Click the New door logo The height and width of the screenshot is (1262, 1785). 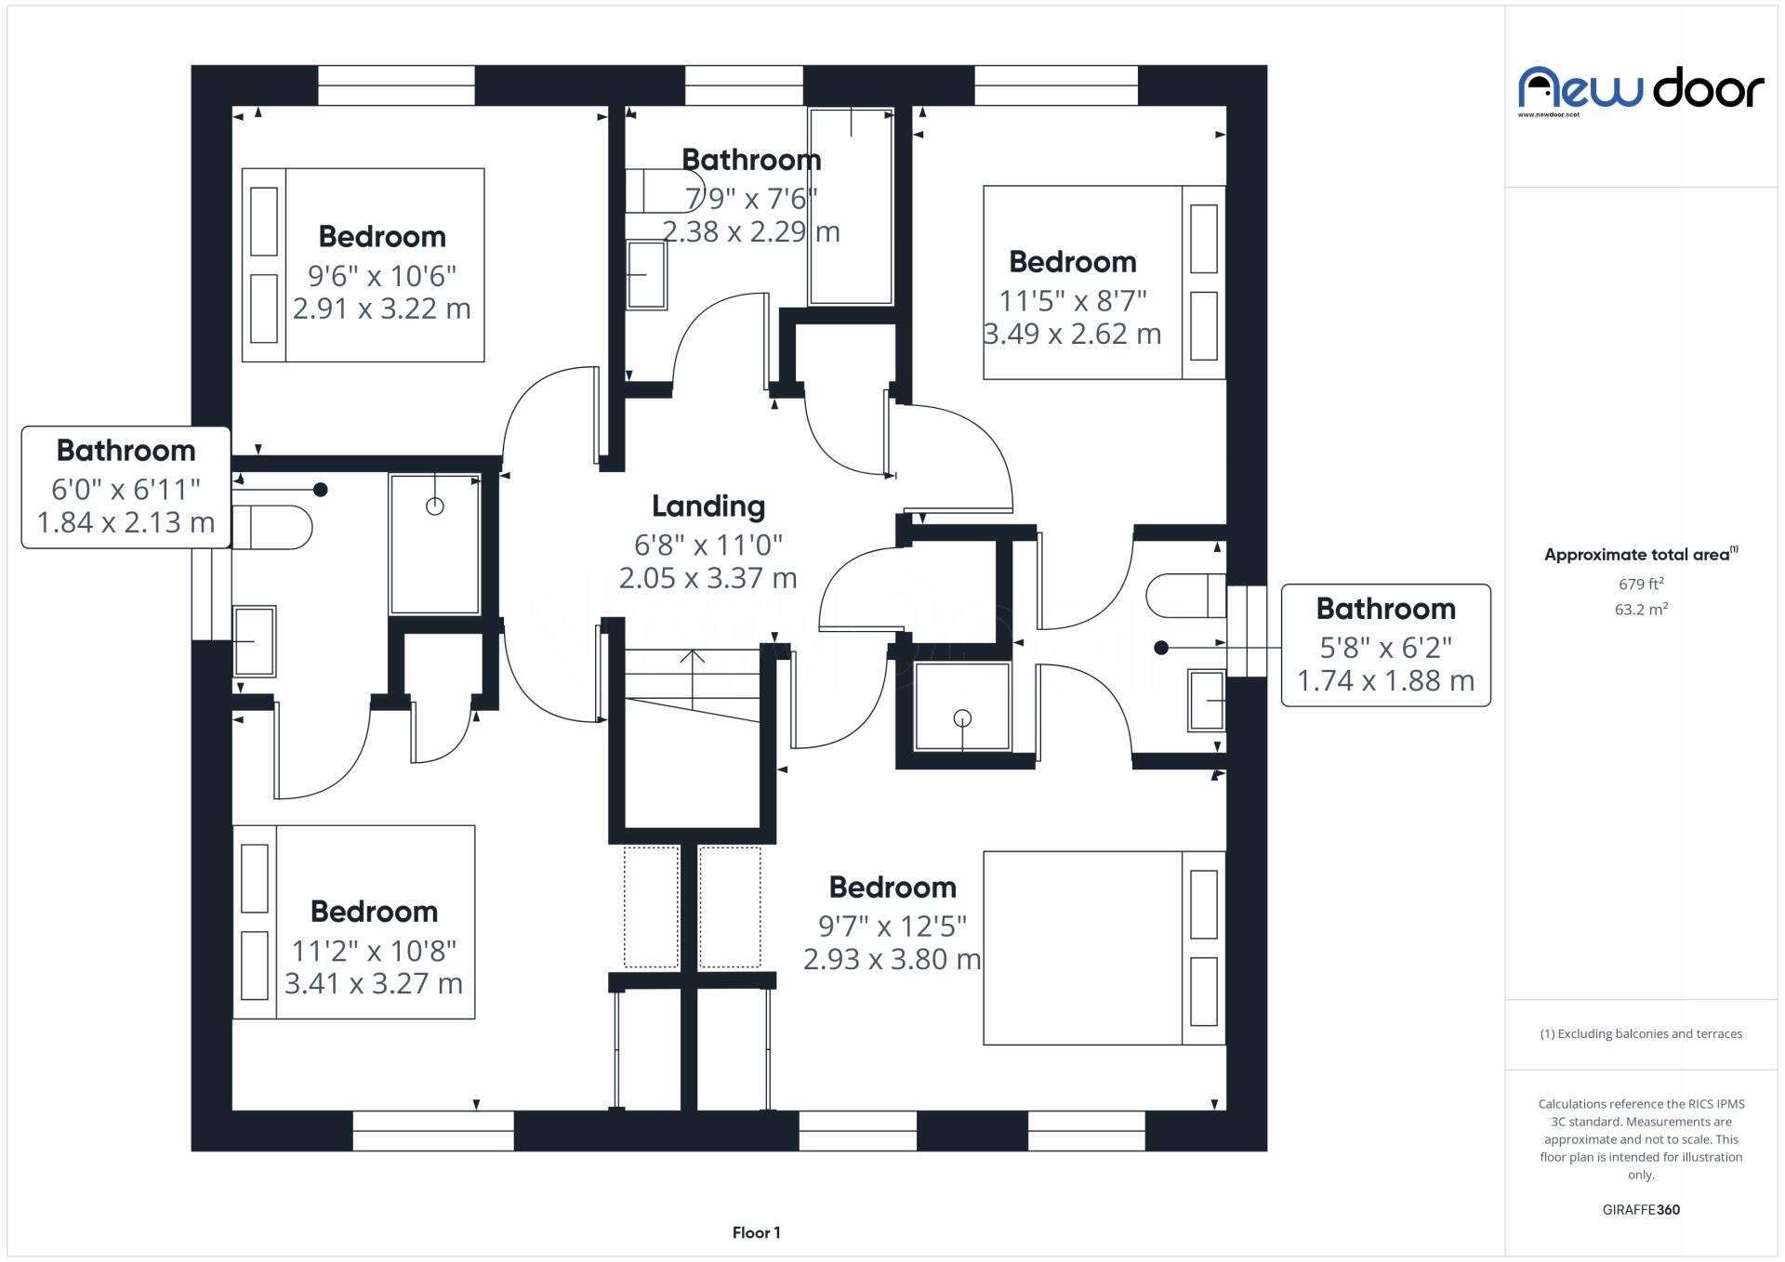tap(1641, 90)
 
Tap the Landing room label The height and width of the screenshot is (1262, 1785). tap(708, 506)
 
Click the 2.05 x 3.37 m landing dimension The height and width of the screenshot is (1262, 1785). tap(708, 578)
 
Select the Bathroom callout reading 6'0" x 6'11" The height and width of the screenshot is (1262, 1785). tap(126, 487)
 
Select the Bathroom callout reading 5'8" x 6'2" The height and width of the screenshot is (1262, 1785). tap(1385, 645)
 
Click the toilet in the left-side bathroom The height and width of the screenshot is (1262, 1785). tap(272, 527)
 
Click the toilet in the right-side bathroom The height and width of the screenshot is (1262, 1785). tap(1185, 596)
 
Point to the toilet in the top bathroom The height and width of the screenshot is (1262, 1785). tap(654, 191)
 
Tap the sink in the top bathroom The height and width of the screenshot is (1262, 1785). tap(646, 274)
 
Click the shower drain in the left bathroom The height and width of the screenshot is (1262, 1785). tap(434, 506)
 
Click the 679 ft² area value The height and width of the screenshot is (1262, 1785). tap(1641, 585)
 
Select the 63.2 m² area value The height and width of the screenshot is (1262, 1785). tap(1641, 610)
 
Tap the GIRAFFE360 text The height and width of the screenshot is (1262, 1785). tap(1641, 1209)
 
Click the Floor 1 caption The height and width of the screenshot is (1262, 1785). tap(756, 1232)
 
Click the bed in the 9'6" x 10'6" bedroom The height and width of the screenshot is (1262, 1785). tap(363, 265)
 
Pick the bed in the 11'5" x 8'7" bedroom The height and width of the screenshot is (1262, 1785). tap(1104, 283)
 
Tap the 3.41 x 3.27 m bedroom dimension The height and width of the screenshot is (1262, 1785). tap(373, 983)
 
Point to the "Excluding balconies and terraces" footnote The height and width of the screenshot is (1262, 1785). tap(1641, 1033)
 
